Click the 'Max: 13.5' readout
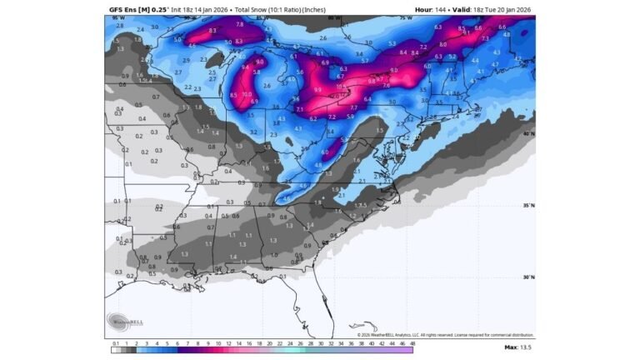518,346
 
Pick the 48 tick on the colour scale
412,342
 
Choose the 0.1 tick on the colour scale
115,342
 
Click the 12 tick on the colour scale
217,342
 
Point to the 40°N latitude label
528,133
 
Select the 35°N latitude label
528,205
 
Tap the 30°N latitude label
528,277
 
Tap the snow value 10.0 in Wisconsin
247,95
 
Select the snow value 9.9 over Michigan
317,89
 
